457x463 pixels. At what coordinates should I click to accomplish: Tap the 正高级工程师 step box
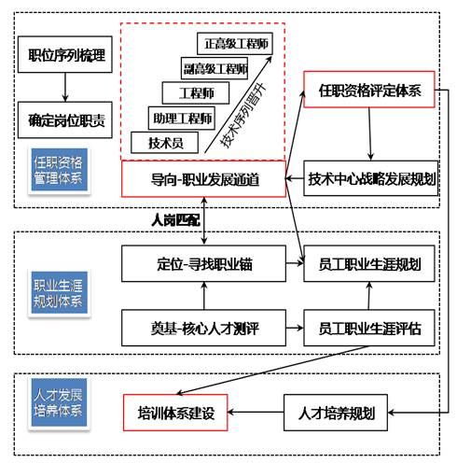point(234,43)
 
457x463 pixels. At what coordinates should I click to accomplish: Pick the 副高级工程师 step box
point(215,68)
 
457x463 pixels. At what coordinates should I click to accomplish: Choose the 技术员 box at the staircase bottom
point(159,143)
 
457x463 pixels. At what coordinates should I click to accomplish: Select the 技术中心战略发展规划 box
point(371,177)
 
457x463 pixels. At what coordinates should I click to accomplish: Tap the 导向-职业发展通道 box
point(203,178)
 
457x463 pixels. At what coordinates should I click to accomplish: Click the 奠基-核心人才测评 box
point(202,329)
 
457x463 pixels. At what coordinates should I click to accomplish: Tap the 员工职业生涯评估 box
point(371,329)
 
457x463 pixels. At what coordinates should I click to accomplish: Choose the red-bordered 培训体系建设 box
point(176,412)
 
